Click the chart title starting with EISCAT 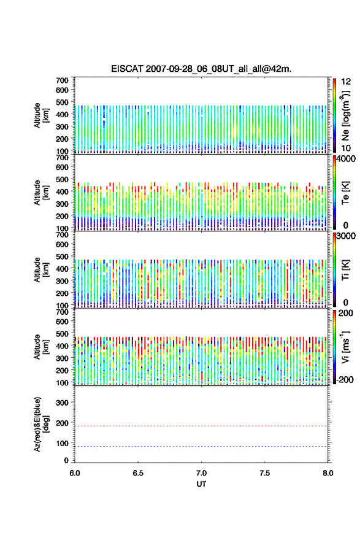pyautogui.click(x=201, y=69)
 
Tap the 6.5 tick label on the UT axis pyautogui.click(x=138, y=473)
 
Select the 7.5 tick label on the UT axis pyautogui.click(x=265, y=473)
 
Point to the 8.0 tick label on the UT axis pyautogui.click(x=328, y=473)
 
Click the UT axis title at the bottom pyautogui.click(x=201, y=484)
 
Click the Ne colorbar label pyautogui.click(x=346, y=116)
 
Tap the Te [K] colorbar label pyautogui.click(x=345, y=193)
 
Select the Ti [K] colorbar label pyautogui.click(x=345, y=270)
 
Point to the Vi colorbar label pyautogui.click(x=345, y=347)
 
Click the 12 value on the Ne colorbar pyautogui.click(x=346, y=82)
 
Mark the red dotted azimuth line pyautogui.click(x=201, y=426)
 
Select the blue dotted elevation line pyautogui.click(x=201, y=447)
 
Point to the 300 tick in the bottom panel pyautogui.click(x=63, y=403)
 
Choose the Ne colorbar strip pyautogui.click(x=334, y=115)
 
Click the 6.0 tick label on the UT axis pyautogui.click(x=75, y=473)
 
